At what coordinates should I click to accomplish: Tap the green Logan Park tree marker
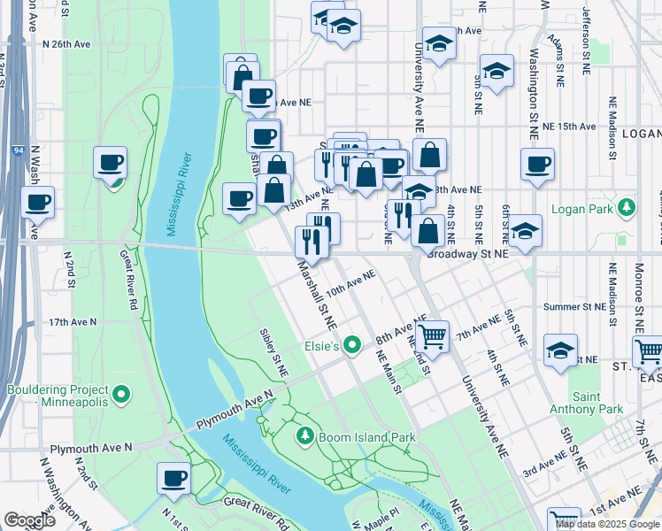(627, 208)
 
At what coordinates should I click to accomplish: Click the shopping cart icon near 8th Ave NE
(432, 335)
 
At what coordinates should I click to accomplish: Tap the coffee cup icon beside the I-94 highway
(37, 201)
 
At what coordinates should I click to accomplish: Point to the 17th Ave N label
(71, 322)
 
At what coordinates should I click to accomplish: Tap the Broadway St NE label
(467, 253)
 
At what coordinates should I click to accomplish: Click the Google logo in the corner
(30, 519)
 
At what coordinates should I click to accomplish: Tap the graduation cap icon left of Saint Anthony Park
(560, 351)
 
